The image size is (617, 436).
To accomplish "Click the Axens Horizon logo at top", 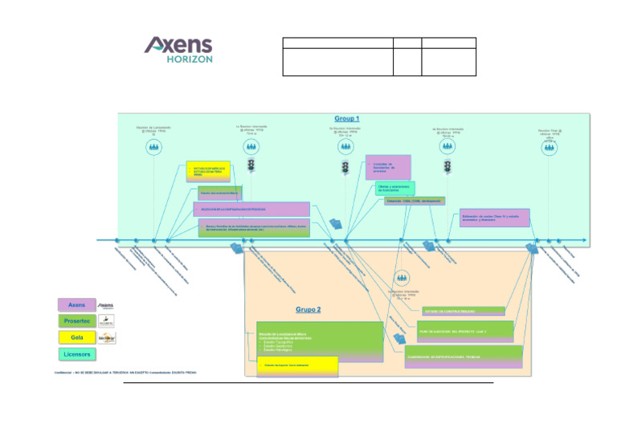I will pyautogui.click(x=178, y=50).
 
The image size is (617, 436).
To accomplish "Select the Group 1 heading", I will pyautogui.click(x=346, y=119).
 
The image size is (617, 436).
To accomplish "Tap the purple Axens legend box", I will pyautogui.click(x=76, y=305).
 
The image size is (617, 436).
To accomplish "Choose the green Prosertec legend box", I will pyautogui.click(x=76, y=321).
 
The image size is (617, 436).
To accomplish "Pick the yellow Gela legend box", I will pyautogui.click(x=76, y=338).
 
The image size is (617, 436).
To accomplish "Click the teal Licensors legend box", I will pyautogui.click(x=76, y=354).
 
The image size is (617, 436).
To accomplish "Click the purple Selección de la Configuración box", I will pyautogui.click(x=251, y=210).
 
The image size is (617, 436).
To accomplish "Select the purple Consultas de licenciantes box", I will pyautogui.click(x=387, y=167).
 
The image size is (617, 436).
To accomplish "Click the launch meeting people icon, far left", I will pyautogui.click(x=153, y=148).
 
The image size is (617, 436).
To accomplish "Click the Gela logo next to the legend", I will pyautogui.click(x=105, y=338).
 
